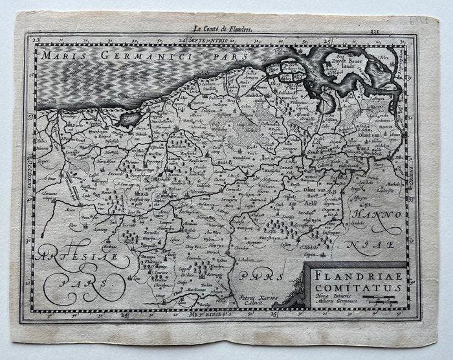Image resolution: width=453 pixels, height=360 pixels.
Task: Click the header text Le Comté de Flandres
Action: [223, 28]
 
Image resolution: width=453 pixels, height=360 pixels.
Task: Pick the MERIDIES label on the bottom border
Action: [211, 316]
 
